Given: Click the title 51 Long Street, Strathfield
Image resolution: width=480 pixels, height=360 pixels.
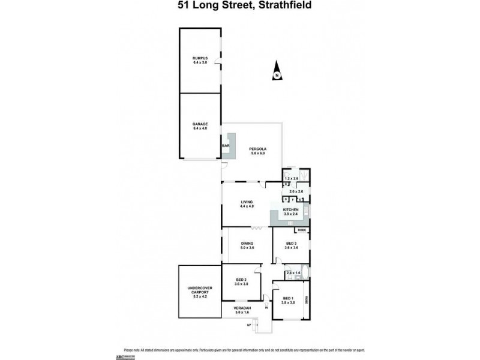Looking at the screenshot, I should (239, 7).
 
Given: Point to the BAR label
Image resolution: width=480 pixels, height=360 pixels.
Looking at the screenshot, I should (226, 146).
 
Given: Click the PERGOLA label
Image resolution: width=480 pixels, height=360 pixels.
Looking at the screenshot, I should (258, 149).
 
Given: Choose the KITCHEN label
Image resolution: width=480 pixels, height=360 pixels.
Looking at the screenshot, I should (291, 209).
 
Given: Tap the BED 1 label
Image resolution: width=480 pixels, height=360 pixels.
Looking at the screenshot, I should (288, 298).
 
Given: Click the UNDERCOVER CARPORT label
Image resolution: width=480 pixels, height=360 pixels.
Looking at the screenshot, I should (199, 291).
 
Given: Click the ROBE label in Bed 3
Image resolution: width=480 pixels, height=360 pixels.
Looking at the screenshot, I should (302, 230).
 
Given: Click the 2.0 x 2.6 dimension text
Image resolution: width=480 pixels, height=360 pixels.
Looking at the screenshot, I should (296, 191).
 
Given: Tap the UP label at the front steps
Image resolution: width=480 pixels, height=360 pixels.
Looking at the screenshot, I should (248, 325).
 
